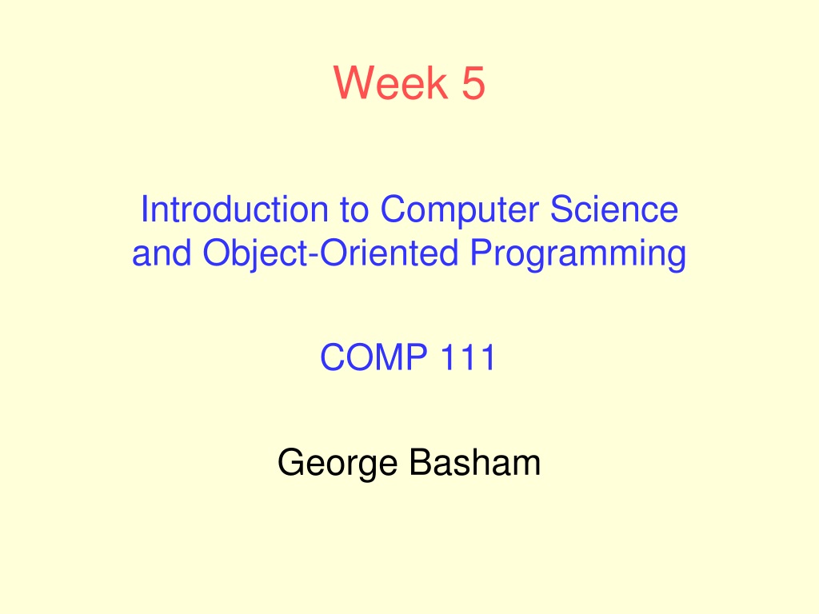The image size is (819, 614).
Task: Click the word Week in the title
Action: [x=390, y=82]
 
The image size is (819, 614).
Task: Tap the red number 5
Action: [x=473, y=82]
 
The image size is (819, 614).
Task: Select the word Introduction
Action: [x=234, y=209]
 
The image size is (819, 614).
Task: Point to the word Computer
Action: [x=459, y=209]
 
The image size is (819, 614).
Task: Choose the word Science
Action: [x=614, y=209]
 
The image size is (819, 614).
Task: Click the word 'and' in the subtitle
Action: [x=162, y=253]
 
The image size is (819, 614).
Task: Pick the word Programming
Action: [x=577, y=253]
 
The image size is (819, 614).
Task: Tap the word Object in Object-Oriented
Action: [x=255, y=253]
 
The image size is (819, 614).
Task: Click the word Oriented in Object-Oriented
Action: [x=390, y=253]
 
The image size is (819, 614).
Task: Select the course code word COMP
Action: [x=374, y=357]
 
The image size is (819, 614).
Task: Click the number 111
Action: [x=469, y=357]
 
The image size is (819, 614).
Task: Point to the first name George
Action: [x=338, y=463]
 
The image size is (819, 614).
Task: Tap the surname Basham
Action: [x=475, y=463]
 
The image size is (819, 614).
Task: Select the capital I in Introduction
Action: [x=144, y=209]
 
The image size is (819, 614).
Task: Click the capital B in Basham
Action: [x=421, y=462]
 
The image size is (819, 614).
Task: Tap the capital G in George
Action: [x=291, y=462]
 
